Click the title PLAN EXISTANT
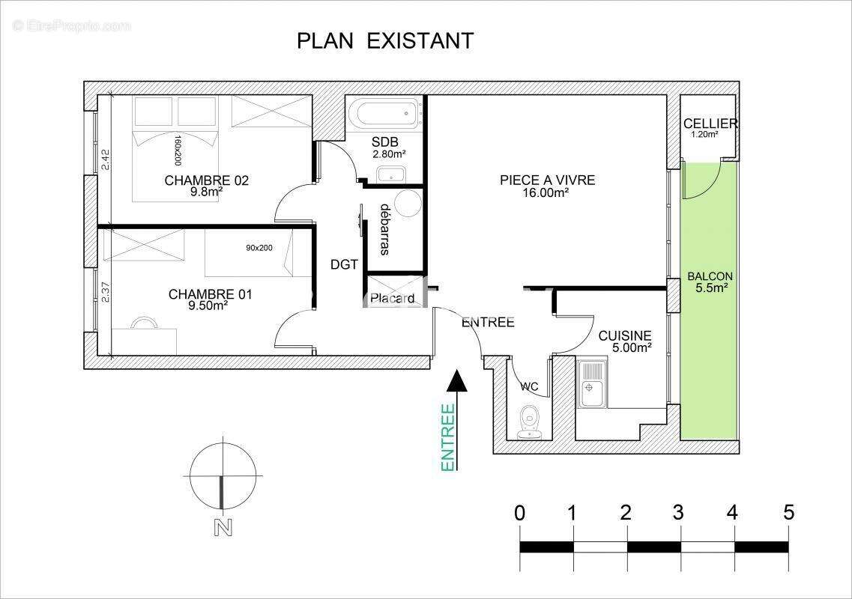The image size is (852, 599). [385, 40]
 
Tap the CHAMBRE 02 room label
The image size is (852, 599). [206, 180]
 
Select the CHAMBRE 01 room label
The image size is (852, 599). [210, 295]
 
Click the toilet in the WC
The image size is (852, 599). [531, 422]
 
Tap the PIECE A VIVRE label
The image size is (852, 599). [547, 180]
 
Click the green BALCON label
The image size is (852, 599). [710, 276]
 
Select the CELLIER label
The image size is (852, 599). [710, 124]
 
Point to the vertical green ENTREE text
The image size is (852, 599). [448, 438]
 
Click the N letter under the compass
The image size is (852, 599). [222, 528]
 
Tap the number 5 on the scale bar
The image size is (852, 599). [788, 513]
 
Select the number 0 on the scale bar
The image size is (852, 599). [519, 513]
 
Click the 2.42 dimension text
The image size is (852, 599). [106, 159]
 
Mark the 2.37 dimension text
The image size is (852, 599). [106, 291]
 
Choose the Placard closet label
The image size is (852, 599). [392, 298]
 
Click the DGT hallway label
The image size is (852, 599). [345, 264]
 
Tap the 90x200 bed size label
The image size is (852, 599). [259, 248]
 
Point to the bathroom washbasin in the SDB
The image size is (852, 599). [390, 175]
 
